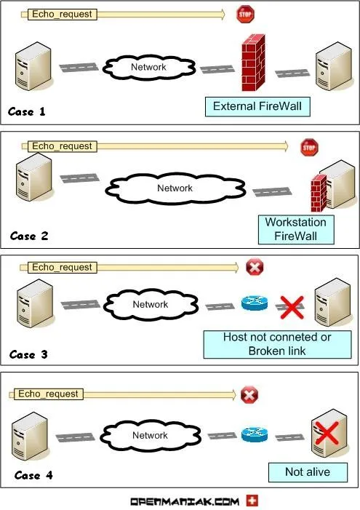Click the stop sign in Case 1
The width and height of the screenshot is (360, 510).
[244, 14]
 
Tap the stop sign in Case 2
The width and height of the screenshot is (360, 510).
[310, 147]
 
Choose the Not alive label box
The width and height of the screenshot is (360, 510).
[307, 472]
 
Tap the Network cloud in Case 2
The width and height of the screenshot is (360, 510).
[175, 188]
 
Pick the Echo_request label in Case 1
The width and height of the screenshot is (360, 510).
[63, 14]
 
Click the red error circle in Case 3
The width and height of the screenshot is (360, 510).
[255, 268]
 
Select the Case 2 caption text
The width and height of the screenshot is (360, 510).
[33, 236]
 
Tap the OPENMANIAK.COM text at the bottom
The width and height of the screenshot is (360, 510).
[184, 501]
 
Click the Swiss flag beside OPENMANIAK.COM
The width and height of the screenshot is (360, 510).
[252, 501]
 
